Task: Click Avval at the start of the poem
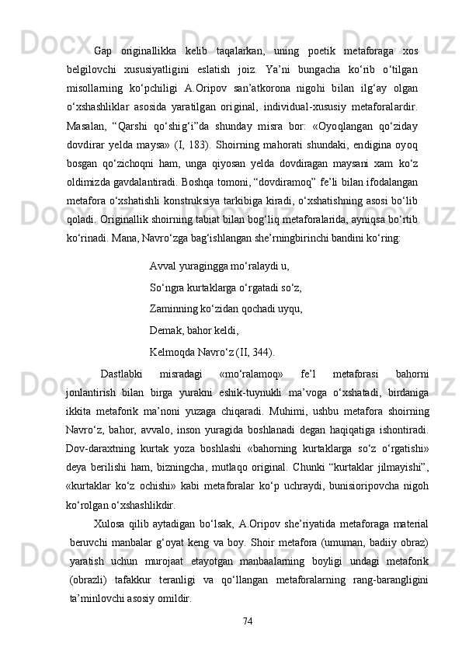(163, 266)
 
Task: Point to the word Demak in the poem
(165, 323)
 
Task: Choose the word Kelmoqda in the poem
(171, 342)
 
